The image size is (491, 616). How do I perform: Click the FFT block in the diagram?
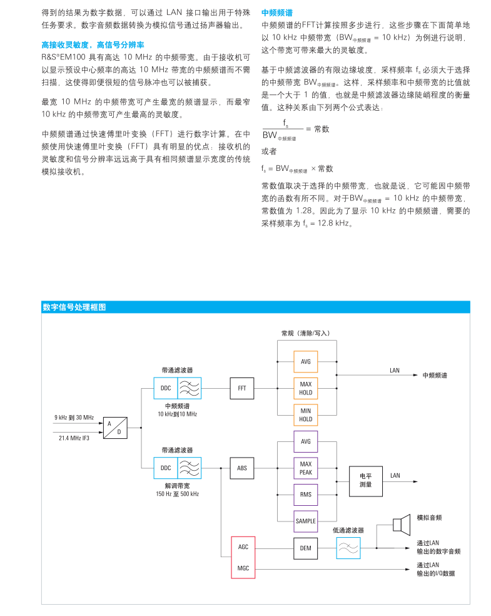(x=242, y=388)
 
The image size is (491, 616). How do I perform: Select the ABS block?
(x=242, y=468)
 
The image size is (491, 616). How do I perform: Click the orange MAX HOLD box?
(x=305, y=388)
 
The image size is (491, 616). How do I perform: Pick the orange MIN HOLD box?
(x=305, y=415)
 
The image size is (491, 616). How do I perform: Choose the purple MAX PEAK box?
(x=305, y=468)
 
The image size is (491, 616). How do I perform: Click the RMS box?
(x=305, y=495)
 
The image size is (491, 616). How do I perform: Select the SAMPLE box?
(x=305, y=521)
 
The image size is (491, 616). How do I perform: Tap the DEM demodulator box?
(x=305, y=548)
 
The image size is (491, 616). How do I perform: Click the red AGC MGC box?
(x=243, y=557)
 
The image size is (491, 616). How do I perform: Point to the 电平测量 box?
(x=366, y=480)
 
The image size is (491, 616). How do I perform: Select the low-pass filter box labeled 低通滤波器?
(x=348, y=548)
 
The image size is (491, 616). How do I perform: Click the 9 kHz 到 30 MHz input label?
(x=74, y=417)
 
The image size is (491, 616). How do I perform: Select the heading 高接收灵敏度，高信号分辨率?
(x=93, y=46)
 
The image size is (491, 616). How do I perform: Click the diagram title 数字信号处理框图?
(x=74, y=307)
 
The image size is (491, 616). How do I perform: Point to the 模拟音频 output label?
(x=429, y=518)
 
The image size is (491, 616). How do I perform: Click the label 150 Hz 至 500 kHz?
(x=177, y=494)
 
